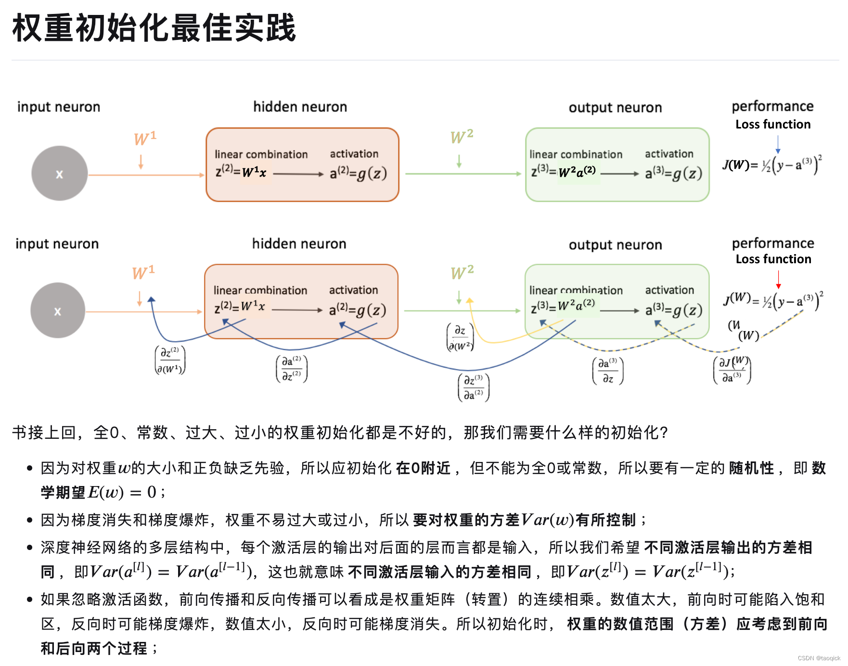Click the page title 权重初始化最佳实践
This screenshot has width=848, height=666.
(154, 28)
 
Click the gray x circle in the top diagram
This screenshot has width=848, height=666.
(60, 174)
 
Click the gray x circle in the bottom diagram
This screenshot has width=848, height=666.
(58, 311)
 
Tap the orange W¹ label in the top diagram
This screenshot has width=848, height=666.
(145, 139)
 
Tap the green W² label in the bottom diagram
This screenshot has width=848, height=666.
(462, 273)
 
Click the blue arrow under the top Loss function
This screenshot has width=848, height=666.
(778, 144)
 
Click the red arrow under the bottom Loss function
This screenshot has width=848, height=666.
(778, 280)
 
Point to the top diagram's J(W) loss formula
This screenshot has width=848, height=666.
(772, 165)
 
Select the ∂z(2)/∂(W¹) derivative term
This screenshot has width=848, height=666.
(170, 360)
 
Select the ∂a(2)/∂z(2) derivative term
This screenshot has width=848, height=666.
(292, 369)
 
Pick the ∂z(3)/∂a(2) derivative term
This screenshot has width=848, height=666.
(474, 387)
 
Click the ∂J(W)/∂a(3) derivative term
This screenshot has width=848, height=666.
(732, 370)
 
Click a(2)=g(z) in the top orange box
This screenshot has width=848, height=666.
(358, 173)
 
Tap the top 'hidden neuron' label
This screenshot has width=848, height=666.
(300, 107)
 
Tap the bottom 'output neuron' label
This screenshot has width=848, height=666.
(615, 245)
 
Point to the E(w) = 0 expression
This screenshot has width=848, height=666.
(122, 492)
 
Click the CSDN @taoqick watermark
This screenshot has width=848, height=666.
(819, 658)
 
